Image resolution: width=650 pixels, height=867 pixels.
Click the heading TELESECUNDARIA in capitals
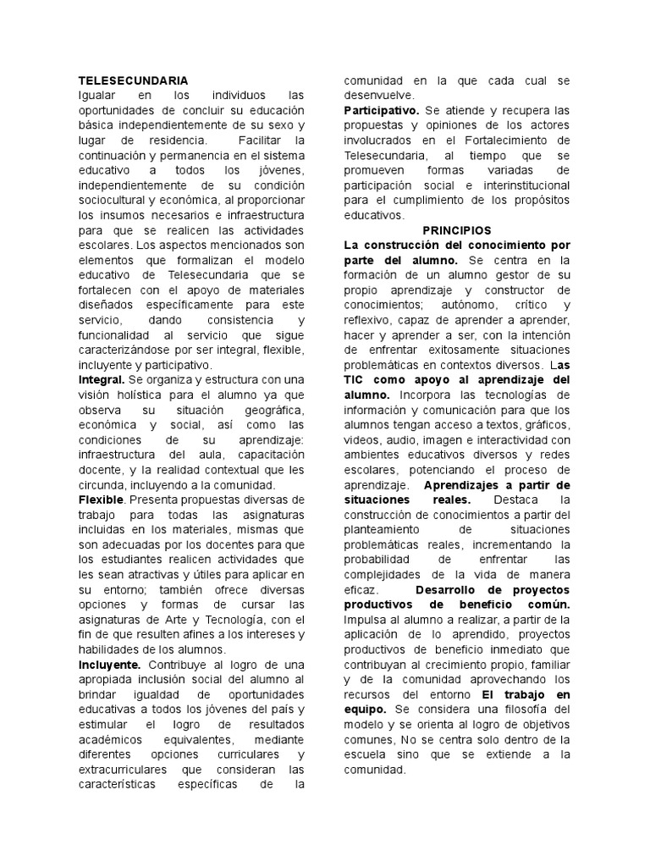pos(133,80)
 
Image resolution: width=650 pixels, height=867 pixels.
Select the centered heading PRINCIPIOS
pos(456,230)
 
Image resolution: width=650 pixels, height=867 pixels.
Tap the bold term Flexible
pos(101,500)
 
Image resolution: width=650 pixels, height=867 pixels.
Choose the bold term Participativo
pos(381,111)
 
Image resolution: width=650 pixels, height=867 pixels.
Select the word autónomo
pos(463,305)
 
